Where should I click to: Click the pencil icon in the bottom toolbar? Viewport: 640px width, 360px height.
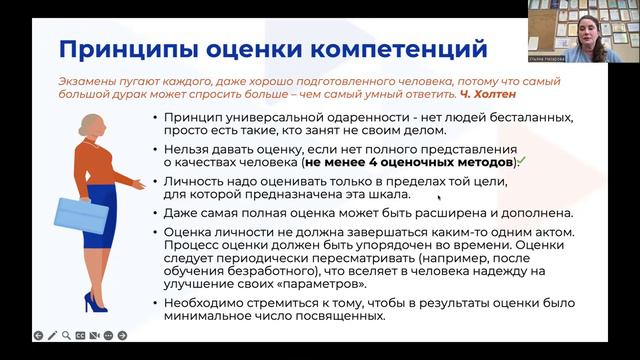coord(51,335)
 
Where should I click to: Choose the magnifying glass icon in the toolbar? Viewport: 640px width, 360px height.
coord(65,335)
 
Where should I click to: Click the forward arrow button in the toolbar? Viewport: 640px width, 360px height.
coord(122,335)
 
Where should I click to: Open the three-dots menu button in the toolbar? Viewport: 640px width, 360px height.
coord(108,335)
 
